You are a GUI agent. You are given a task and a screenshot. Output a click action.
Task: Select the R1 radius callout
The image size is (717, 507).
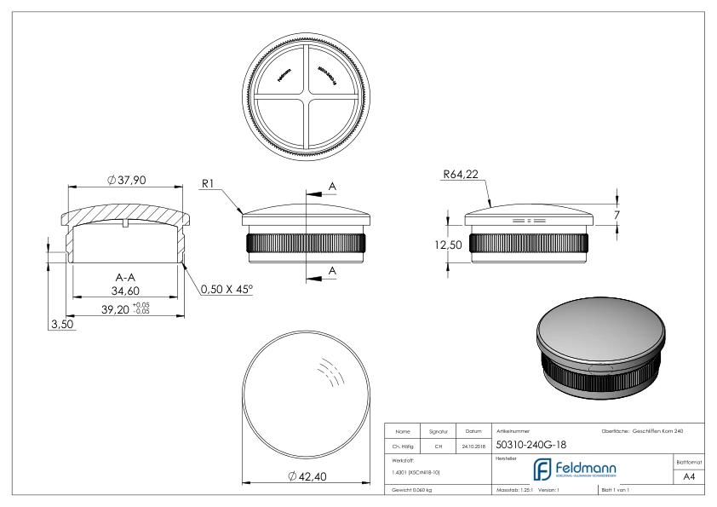213,182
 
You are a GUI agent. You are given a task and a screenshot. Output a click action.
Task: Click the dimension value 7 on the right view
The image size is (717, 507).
616,215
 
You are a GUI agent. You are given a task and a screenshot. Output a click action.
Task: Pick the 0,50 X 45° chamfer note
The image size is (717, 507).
227,289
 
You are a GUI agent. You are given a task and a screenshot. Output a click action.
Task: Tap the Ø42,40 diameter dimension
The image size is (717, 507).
306,476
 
